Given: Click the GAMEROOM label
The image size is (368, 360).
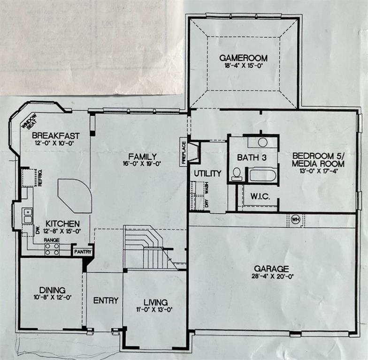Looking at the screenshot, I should [x=243, y=58].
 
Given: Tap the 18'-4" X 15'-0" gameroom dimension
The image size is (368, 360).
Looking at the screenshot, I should [x=243, y=66].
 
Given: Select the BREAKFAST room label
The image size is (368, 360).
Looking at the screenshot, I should [x=56, y=135].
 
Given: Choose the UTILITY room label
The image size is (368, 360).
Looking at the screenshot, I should [x=207, y=173].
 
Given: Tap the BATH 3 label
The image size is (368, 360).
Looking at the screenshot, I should [x=252, y=157].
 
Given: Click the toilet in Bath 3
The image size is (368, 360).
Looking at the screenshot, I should [x=237, y=174].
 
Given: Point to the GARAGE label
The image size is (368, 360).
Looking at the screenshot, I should [x=271, y=269].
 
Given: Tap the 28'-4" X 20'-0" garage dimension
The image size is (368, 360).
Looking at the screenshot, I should [x=271, y=276].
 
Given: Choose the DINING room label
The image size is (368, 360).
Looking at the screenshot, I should [x=52, y=290].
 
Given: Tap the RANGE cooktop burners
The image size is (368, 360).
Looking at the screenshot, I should [x=52, y=249].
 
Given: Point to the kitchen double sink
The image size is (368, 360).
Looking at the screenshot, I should [x=28, y=216].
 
